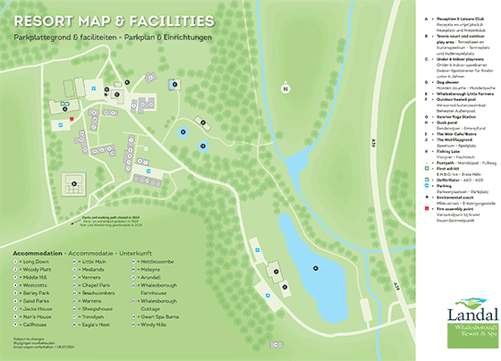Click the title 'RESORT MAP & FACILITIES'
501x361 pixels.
click(114, 19)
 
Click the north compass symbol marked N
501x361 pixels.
click(285, 88)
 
